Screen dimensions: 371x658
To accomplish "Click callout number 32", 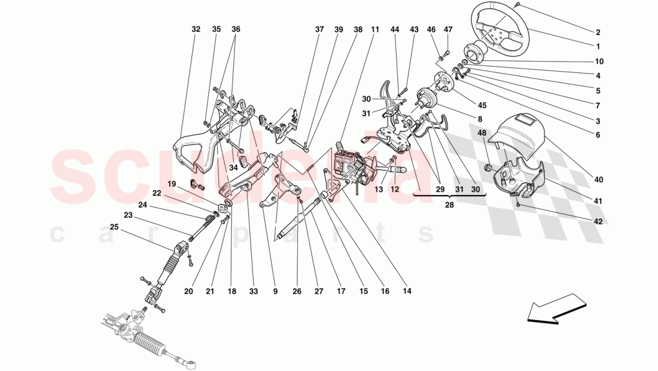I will [196, 29].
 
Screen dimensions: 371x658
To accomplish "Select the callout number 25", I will [114, 227].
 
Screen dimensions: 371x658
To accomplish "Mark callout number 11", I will [375, 29].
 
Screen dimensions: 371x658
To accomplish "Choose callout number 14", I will [408, 292].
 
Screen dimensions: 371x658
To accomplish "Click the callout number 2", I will [598, 33].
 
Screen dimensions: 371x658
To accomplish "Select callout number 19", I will [172, 184].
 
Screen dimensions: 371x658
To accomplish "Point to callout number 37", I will [320, 29].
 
